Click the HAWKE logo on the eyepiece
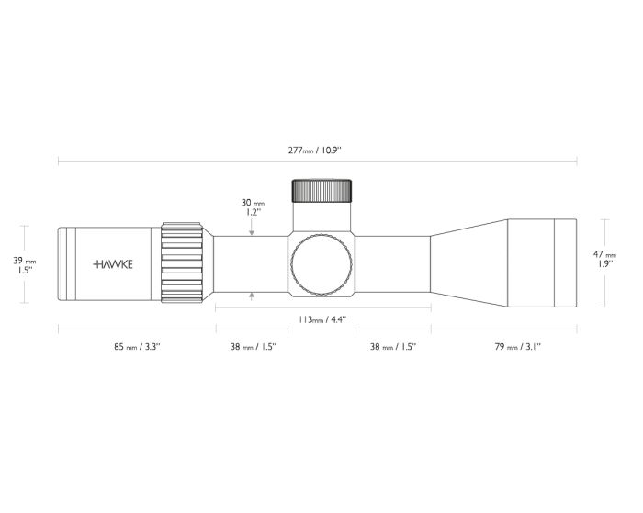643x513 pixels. (x=113, y=264)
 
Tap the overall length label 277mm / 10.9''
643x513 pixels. (x=314, y=150)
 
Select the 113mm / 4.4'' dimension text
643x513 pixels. (x=322, y=319)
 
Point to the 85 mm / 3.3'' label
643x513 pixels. (x=137, y=347)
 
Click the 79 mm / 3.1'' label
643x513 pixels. (x=517, y=347)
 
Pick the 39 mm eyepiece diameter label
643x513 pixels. (x=25, y=261)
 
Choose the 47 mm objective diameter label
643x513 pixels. (x=604, y=254)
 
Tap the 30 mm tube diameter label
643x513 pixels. (x=253, y=203)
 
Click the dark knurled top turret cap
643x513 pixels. (x=321, y=191)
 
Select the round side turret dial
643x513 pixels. (x=321, y=264)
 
